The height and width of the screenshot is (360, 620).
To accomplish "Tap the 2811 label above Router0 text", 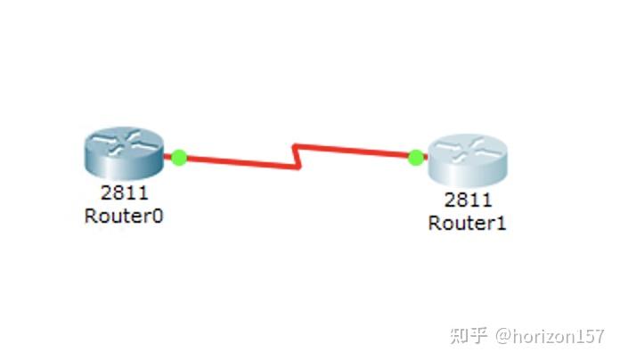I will coord(124,192).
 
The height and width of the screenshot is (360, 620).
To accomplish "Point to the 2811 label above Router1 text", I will coord(467,200).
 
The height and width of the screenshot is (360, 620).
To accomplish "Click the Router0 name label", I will coord(124,215).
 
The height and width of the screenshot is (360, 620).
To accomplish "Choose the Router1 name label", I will coord(467,223).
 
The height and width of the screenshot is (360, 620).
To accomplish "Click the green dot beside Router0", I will coord(179,157).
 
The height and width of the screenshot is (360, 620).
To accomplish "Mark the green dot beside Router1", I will coord(415,158).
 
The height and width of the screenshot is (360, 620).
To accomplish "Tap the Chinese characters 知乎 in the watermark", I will coord(469,336).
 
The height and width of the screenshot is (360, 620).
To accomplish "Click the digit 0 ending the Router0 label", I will coord(158,215).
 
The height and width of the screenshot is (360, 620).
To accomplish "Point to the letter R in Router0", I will coord(91,215).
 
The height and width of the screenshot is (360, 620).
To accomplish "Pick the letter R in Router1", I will coord(434,223).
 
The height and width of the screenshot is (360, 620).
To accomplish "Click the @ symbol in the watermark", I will coord(504,336).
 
